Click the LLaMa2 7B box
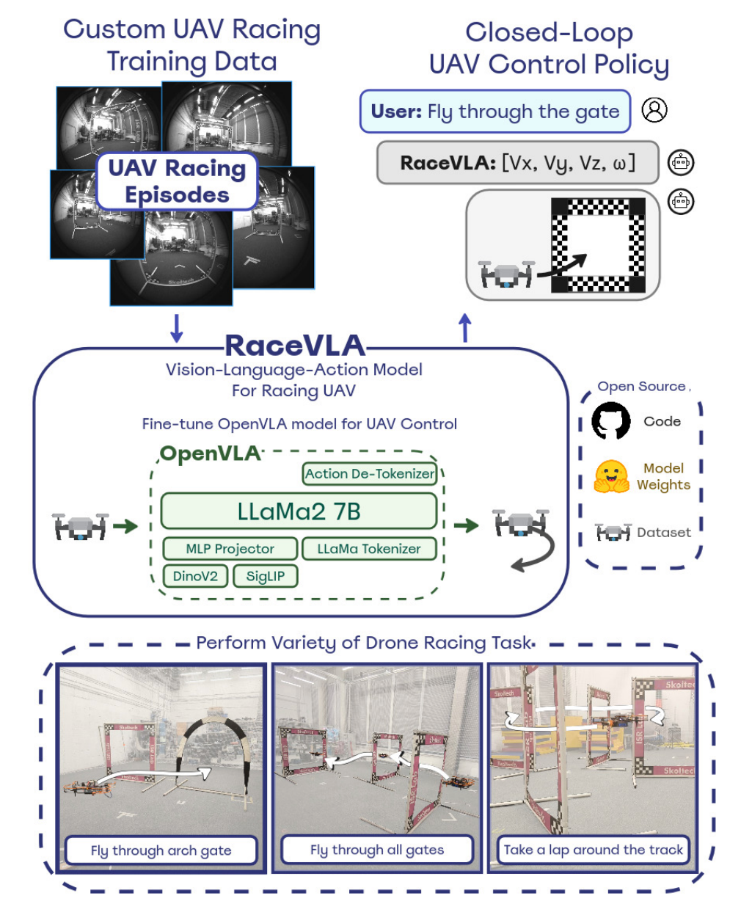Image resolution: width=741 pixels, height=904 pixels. tap(299, 511)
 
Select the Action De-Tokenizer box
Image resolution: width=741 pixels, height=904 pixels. tap(370, 474)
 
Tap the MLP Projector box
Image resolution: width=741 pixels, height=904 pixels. tap(230, 549)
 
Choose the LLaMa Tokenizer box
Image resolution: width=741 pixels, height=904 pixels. tap(369, 549)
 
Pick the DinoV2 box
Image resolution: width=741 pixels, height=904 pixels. tap(195, 576)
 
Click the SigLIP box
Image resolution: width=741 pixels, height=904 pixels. tap(265, 576)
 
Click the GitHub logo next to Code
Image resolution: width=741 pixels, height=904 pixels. tap(611, 421)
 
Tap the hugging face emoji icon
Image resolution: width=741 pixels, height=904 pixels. tap(611, 476)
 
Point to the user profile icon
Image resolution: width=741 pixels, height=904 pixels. tap(654, 110)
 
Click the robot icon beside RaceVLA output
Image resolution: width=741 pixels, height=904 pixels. tap(681, 162)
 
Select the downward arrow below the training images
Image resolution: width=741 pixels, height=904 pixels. tap(176, 328)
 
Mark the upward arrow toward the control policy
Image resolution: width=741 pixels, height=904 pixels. tap(464, 328)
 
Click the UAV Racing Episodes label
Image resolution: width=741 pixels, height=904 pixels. tap(177, 181)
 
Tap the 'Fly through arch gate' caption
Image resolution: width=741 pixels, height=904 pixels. tap(161, 850)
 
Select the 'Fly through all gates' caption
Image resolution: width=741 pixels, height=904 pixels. tap(377, 850)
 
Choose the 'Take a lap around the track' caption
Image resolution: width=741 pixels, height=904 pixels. tap(593, 850)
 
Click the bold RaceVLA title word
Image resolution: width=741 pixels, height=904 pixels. tap(294, 345)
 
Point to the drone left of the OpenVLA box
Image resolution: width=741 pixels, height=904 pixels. tap(80, 526)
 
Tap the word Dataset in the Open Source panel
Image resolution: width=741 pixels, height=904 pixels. tap(664, 533)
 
